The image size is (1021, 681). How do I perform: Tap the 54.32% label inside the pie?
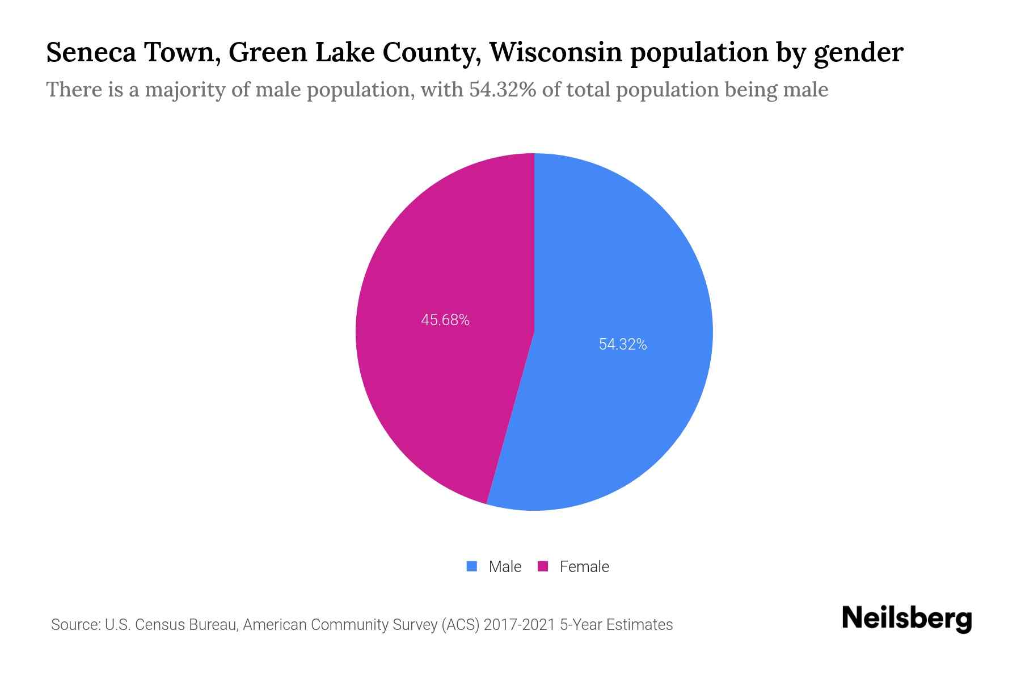623,344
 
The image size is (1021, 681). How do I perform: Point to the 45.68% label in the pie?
445,320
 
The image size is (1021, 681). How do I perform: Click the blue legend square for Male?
472,566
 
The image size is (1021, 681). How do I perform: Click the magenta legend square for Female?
543,566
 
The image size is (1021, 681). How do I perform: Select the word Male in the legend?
505,566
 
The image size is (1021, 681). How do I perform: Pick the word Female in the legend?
584,566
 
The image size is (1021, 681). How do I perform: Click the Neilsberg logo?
906,619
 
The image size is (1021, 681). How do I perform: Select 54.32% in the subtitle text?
502,90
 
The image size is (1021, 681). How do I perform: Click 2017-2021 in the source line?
519,625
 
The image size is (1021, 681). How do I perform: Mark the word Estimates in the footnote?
639,625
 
